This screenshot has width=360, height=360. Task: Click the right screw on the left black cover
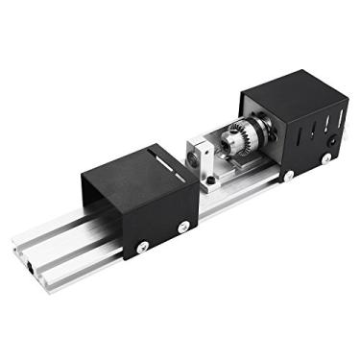[x=182, y=227]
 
